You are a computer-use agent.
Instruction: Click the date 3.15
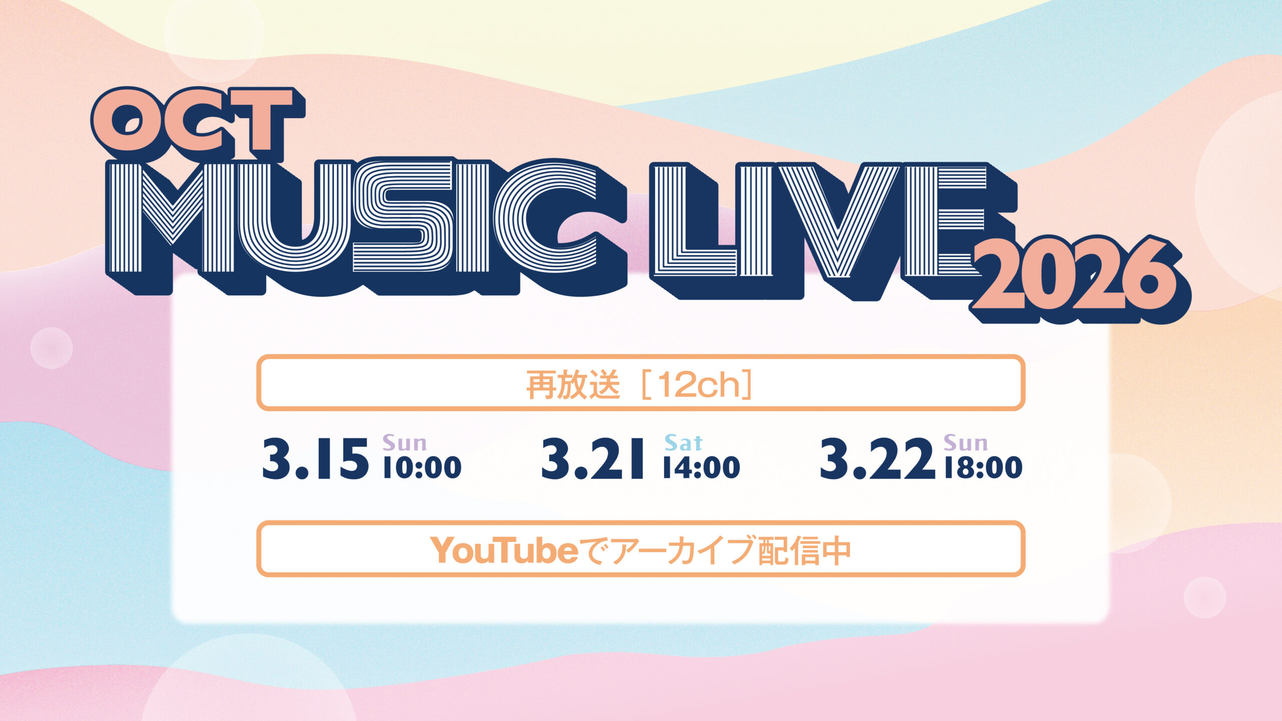pos(316,459)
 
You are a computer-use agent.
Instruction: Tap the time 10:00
pos(422,467)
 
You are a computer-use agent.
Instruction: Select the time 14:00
pos(701,467)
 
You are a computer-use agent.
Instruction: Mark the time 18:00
pos(983,467)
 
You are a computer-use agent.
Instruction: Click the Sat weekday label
pos(684,443)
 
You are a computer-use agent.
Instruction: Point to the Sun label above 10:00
pos(405,443)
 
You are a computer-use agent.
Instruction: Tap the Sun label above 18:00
pos(966,443)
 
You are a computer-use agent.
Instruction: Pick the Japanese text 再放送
pos(573,385)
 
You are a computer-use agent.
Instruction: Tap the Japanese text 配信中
pos(804,550)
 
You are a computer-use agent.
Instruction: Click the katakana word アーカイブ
pos(683,550)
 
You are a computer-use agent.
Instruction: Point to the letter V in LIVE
pos(839,222)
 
